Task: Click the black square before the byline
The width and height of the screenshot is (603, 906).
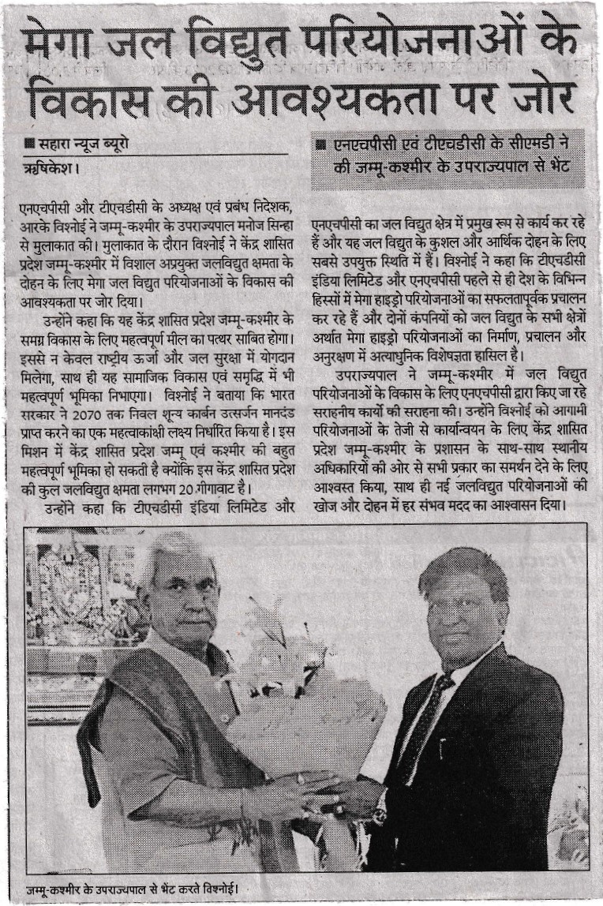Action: pyautogui.click(x=29, y=146)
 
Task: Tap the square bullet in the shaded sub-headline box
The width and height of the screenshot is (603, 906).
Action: pyautogui.click(x=320, y=147)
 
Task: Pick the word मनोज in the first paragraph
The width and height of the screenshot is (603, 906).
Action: pyautogui.click(x=238, y=224)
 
